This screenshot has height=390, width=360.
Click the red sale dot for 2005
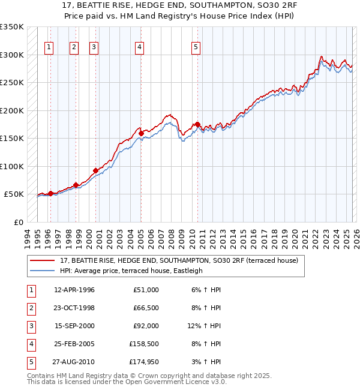[x=140, y=133]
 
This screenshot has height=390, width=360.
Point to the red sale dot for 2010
[x=197, y=124]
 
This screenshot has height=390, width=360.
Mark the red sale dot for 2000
[x=95, y=170]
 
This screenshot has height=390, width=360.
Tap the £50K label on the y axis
[x=14, y=194]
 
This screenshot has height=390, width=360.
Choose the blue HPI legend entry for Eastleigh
[x=131, y=271]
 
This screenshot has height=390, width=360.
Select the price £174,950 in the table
[x=144, y=362]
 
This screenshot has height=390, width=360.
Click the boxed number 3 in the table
[x=30, y=326]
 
